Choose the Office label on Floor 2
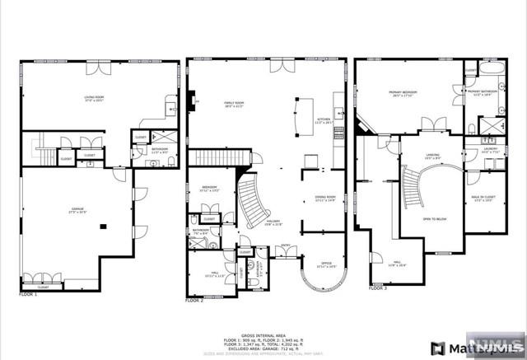tap(326, 266)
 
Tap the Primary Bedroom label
tap(403, 94)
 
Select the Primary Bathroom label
tap(480, 93)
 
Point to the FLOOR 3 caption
tap(377, 289)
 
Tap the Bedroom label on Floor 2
tap(209, 189)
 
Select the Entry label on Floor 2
tap(286, 245)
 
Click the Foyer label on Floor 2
tap(273, 222)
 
